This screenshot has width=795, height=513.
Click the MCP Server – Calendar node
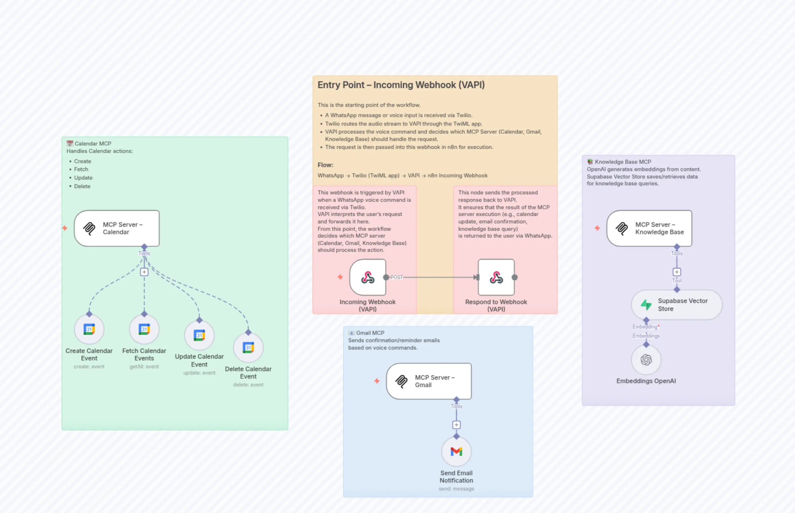point(116,228)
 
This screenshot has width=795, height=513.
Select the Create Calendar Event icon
point(89,329)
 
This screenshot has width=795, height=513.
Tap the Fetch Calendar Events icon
point(144,329)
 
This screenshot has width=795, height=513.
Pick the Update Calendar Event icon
point(199,335)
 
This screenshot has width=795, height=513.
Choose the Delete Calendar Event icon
point(248,347)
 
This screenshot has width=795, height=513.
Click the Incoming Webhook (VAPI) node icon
point(368,277)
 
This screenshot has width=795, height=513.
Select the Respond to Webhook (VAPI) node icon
point(496,277)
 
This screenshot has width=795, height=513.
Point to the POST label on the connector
point(396,277)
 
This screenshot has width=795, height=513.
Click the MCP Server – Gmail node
point(429,381)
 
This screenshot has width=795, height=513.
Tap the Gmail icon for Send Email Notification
point(456,451)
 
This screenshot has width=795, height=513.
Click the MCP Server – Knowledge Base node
point(649,228)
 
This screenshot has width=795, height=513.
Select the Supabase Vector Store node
point(676,304)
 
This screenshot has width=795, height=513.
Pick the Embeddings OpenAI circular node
point(646,360)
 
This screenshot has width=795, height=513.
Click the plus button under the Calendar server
point(144,272)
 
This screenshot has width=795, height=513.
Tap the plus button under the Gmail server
point(456,425)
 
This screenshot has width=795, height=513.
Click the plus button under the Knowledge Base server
point(677,272)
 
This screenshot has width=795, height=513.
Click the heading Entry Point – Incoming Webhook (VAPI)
point(401,85)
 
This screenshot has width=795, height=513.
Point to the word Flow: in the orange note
point(325,165)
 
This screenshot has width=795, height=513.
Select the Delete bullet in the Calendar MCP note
point(82,186)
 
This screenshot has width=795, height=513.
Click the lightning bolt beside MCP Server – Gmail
point(377,381)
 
